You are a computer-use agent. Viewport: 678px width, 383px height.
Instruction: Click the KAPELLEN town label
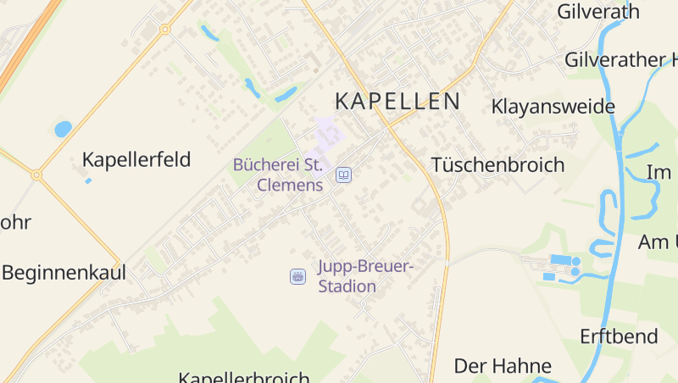pos(397,102)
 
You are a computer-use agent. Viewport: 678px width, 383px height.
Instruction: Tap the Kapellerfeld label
pos(136,159)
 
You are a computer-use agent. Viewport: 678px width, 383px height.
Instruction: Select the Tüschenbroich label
pos(497,164)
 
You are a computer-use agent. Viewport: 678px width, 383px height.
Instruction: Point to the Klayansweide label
pos(553,107)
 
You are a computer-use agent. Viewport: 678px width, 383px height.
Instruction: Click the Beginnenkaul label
pos(64,273)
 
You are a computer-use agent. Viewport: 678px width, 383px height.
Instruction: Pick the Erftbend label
pos(619,336)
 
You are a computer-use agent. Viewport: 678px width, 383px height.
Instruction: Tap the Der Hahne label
pos(503,366)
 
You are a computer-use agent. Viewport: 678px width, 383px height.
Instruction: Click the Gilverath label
pos(597,11)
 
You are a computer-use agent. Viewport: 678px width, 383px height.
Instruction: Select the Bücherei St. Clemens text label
pos(278,174)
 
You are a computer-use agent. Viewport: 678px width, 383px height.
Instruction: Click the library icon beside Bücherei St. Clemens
pos(344,175)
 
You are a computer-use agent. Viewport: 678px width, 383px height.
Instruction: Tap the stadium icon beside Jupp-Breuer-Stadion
pos(297,276)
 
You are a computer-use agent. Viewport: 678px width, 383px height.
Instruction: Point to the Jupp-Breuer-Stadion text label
pos(364,276)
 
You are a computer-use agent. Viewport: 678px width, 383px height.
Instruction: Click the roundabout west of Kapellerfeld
pos(36,175)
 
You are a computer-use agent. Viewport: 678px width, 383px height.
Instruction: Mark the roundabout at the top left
pos(164,29)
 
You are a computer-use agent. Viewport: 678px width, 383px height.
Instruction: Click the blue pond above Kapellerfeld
pos(63,129)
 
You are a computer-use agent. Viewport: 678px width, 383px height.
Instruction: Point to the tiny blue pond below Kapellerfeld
pos(88,180)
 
